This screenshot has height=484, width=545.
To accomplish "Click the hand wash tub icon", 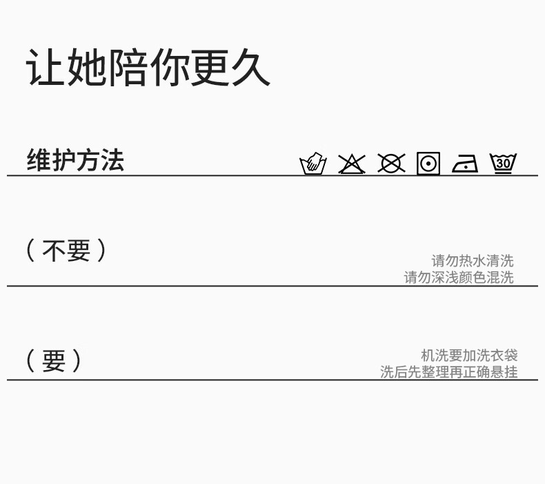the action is [x=313, y=164].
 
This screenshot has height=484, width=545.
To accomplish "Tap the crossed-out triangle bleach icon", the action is [x=352, y=164].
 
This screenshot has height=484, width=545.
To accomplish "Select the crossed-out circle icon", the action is [x=391, y=164].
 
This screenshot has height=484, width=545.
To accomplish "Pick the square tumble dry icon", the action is [x=428, y=164].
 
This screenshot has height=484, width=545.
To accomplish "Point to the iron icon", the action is [x=465, y=164].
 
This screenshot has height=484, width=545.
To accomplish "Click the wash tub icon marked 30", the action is [x=503, y=163].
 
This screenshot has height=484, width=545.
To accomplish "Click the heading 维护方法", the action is [x=75, y=160].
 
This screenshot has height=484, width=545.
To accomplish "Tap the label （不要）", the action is [x=66, y=250].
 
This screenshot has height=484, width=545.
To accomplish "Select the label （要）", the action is [x=54, y=360].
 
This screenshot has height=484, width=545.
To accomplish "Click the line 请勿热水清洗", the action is [x=473, y=261].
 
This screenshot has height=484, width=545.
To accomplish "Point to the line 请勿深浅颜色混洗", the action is [x=459, y=278].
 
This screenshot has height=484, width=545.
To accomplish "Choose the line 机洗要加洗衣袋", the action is [x=469, y=356].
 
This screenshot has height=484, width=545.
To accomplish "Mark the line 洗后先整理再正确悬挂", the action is [x=448, y=372].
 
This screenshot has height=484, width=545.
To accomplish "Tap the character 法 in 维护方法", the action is [x=112, y=160].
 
